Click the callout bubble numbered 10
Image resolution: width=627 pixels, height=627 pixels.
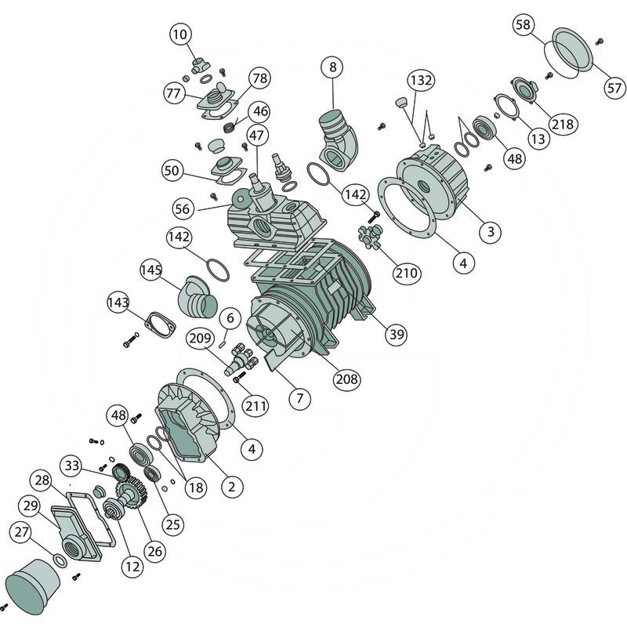[x=180, y=34]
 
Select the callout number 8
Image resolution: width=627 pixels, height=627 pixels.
[x=333, y=67]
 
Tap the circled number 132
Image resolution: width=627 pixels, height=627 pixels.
[x=421, y=81]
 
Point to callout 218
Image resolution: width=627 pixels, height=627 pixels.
[x=562, y=124]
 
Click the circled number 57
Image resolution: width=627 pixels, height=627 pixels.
[x=614, y=88]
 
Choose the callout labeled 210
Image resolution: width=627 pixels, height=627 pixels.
[x=407, y=274]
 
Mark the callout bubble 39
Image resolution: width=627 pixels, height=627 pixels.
[x=397, y=334]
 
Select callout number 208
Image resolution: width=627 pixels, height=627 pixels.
[x=346, y=379]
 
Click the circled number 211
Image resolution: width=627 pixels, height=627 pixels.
[x=256, y=406]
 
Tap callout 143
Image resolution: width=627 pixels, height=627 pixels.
[x=118, y=303]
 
